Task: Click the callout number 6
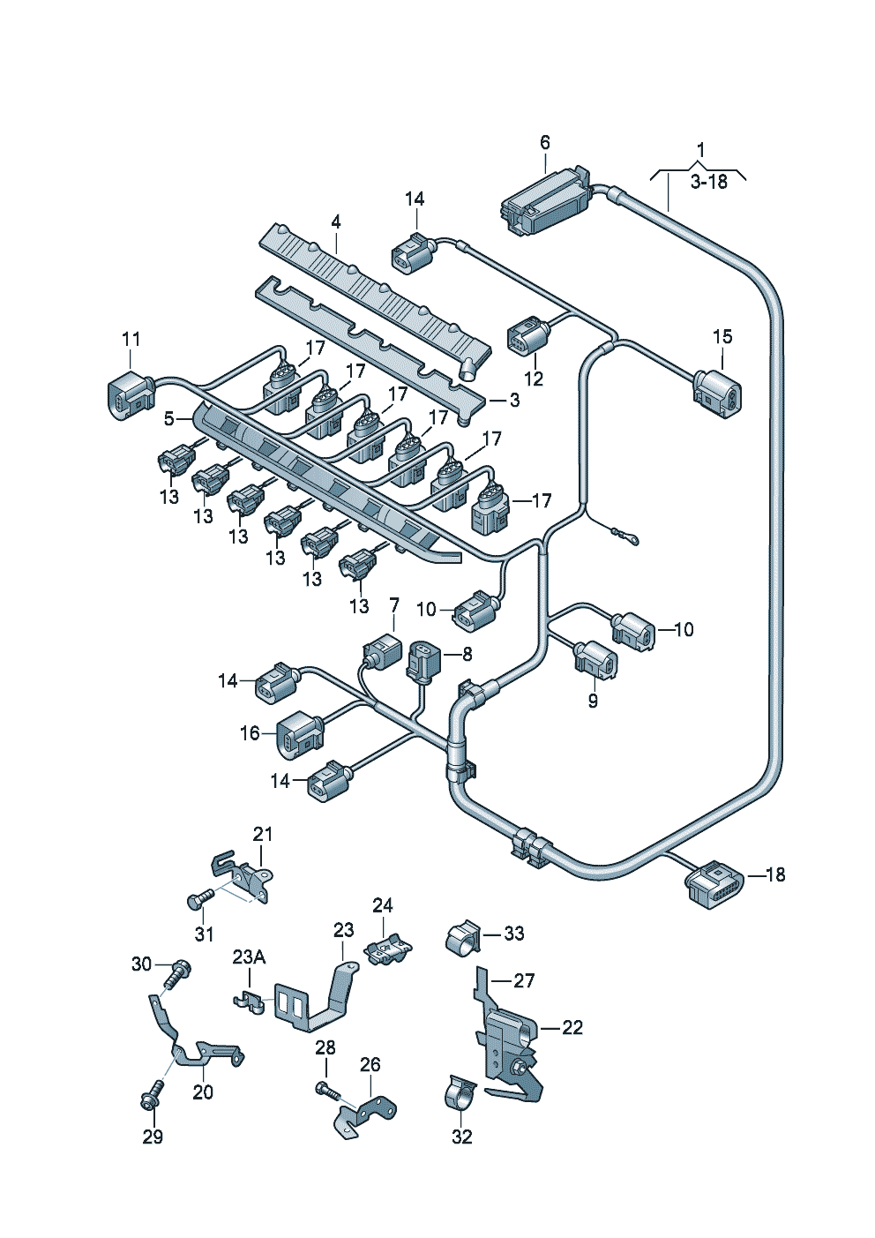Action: [544, 142]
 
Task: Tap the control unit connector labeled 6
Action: [546, 202]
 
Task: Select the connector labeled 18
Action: [714, 883]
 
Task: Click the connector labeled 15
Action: [719, 392]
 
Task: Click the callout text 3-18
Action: [708, 182]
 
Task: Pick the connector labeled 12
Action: [527, 337]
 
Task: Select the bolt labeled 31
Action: [199, 898]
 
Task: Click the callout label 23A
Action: [249, 957]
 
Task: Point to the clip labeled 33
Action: [462, 936]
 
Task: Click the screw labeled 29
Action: [150, 1097]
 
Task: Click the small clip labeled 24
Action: [388, 952]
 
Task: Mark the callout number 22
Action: [572, 1027]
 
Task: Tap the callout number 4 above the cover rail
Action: [336, 222]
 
